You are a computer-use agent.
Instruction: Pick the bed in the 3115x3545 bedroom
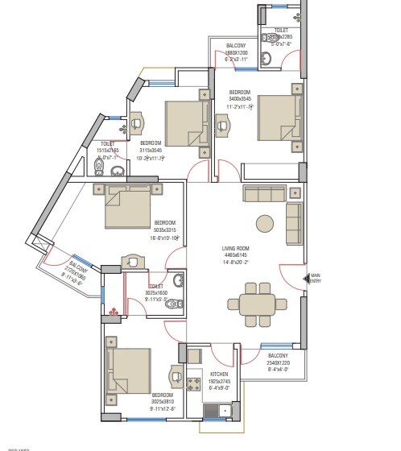(x=186, y=124)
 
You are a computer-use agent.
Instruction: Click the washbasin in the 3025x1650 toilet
(x=133, y=264)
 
